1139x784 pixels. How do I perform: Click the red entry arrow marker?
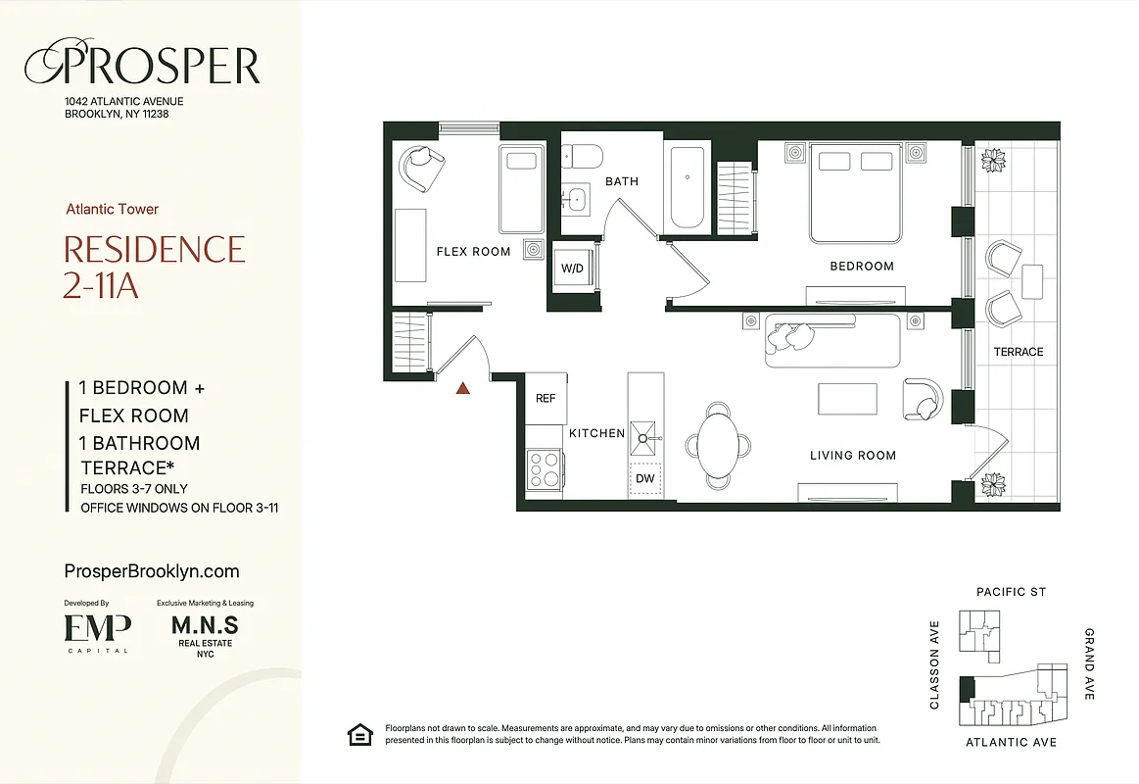tap(463, 388)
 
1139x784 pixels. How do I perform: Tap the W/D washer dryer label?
tap(572, 268)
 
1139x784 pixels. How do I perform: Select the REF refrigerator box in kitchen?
tap(546, 398)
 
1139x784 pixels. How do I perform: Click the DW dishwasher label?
tap(645, 478)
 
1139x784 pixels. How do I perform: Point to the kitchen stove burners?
tap(544, 468)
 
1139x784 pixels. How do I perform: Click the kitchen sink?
tap(645, 433)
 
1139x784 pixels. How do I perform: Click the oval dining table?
tap(720, 441)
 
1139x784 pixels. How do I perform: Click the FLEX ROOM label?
tap(473, 252)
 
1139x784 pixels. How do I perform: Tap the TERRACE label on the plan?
tap(1019, 352)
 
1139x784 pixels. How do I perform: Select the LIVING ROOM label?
tap(852, 455)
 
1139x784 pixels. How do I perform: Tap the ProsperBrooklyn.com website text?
tap(151, 571)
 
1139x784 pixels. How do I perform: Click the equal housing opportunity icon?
tap(359, 734)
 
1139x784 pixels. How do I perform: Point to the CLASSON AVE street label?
tap(934, 665)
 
